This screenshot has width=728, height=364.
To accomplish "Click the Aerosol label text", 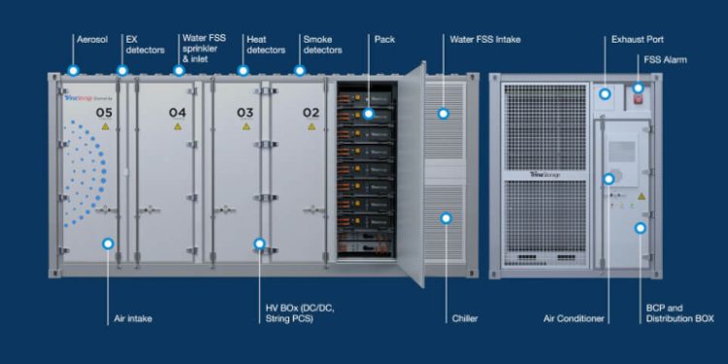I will click(92, 40).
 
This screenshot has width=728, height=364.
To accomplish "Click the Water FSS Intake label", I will click(484, 40).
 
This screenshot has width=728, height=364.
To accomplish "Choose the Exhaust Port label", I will click(636, 40).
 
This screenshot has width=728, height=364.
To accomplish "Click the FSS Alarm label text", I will click(666, 60).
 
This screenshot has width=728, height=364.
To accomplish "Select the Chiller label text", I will click(464, 317).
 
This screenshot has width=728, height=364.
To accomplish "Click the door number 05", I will click(104, 113).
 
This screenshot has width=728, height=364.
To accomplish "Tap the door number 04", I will click(177, 113).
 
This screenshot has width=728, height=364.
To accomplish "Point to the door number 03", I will click(245, 113).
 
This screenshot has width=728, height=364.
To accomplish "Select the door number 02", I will click(311, 113).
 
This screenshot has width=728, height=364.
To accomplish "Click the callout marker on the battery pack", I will click(369, 114).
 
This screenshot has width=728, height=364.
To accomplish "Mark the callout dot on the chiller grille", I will click(447, 218).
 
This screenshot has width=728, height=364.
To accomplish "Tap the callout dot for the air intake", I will click(108, 245).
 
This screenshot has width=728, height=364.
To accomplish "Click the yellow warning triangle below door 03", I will click(245, 127).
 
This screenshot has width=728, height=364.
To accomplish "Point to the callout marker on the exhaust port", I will click(605, 94).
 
